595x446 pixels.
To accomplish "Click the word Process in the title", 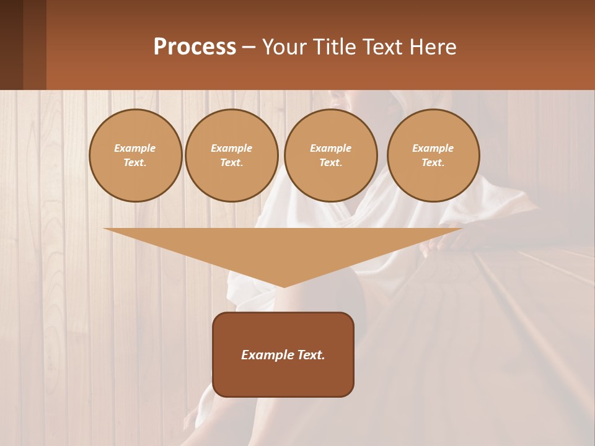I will coord(195,46).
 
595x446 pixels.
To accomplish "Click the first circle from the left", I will coord(135,155).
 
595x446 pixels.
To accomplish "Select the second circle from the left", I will coord(232,155).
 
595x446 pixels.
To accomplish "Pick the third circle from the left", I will coord(330,155).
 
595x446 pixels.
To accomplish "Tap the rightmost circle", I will coord(433,155).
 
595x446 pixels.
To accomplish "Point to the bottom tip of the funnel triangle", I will coord(284,286).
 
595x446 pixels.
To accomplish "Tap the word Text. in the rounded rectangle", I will coord(309,355).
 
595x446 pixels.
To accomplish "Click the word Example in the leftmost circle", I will coord(135,148).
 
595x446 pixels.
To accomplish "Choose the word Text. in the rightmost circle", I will coord(433,163).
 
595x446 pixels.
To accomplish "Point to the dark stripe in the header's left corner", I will coord(11,45).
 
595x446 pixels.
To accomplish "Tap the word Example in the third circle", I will coord(330,148).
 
